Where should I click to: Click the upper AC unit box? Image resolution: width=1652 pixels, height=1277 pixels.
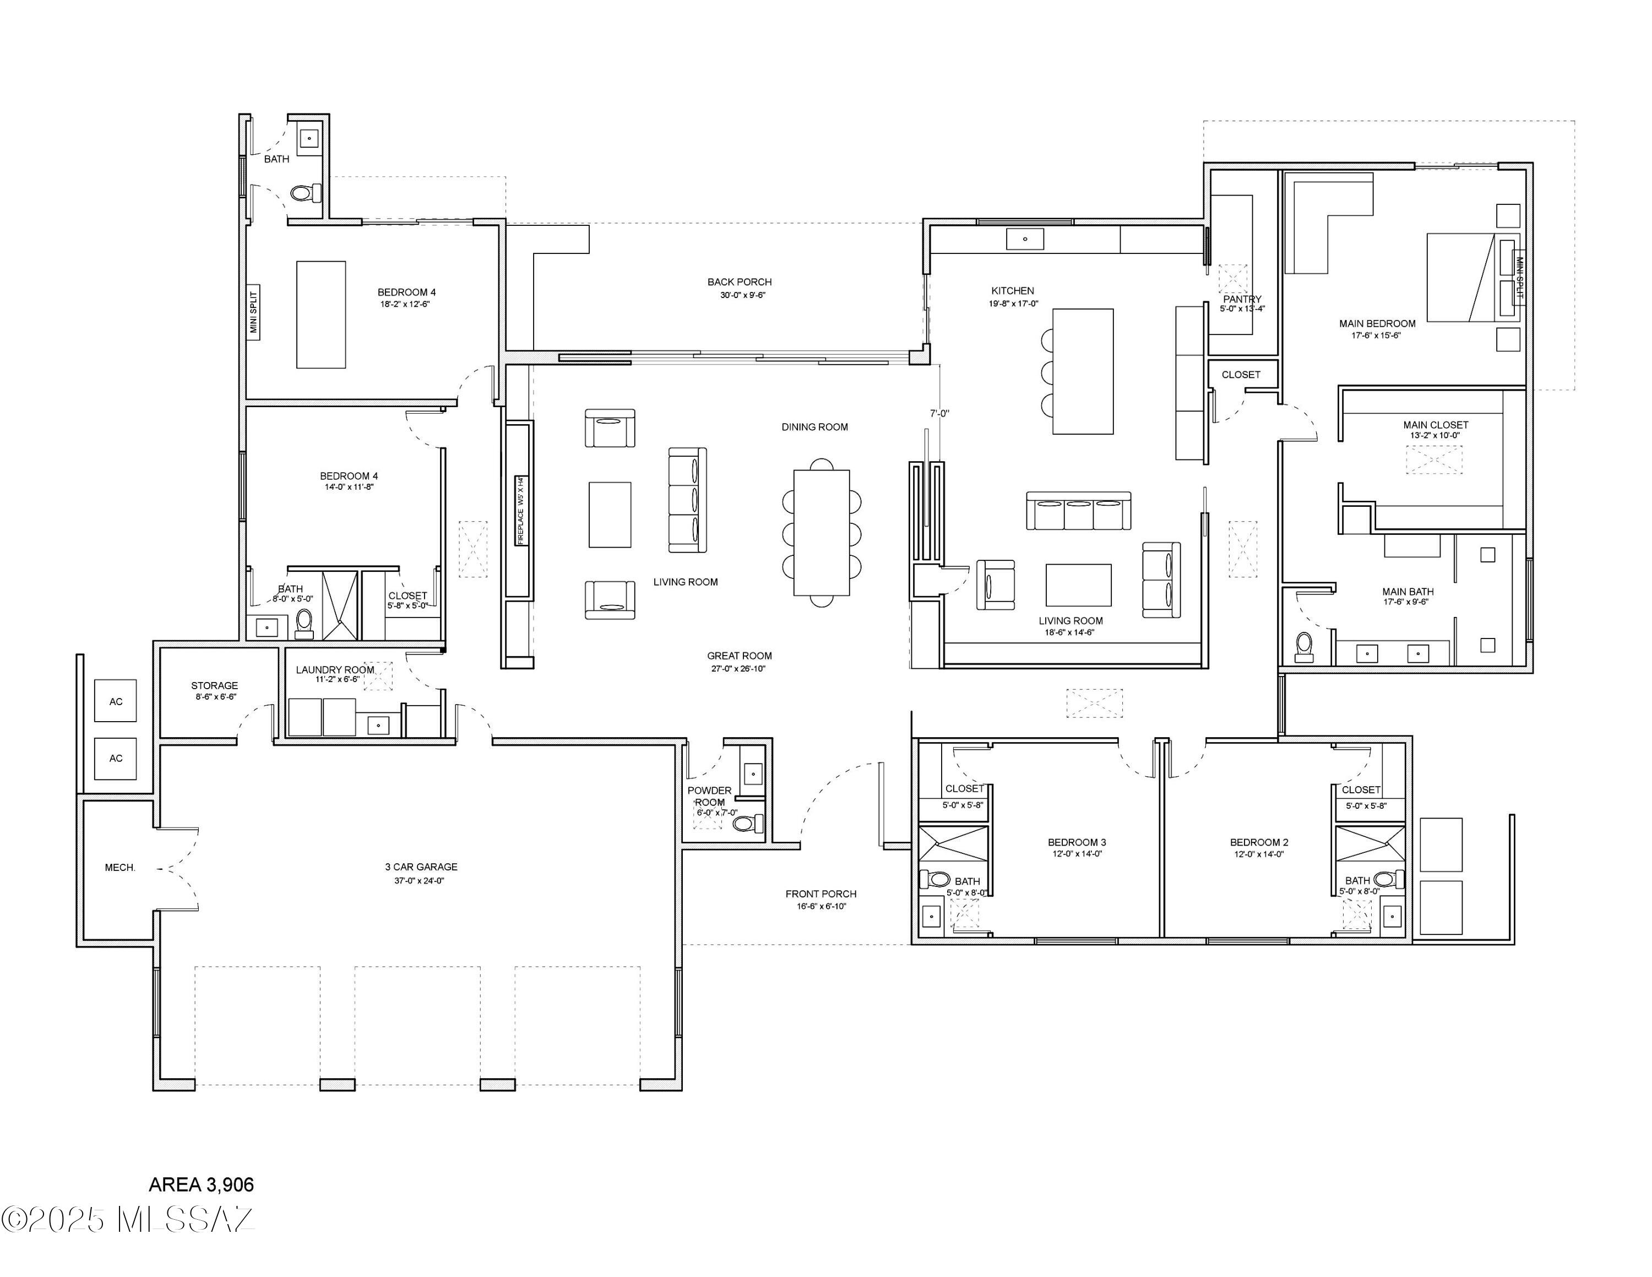[x=115, y=701]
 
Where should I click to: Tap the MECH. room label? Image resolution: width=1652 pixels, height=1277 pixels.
[x=119, y=868]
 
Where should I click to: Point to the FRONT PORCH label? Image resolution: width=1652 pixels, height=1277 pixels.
[x=820, y=894]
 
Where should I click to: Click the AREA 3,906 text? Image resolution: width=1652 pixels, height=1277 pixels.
[x=201, y=1184]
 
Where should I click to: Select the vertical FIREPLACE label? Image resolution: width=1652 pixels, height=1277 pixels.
[x=520, y=510]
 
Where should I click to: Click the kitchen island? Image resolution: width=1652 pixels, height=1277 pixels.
[x=1083, y=371]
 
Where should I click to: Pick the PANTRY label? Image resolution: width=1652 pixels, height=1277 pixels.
[x=1242, y=299]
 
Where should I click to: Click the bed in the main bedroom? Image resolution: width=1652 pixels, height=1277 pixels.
[x=1464, y=277]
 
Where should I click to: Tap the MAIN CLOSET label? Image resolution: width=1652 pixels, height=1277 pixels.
[x=1435, y=424]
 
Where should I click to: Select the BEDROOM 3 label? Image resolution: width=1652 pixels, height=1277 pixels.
[x=1077, y=842]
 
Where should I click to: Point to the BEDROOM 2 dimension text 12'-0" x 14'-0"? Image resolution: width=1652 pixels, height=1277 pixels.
[x=1259, y=854]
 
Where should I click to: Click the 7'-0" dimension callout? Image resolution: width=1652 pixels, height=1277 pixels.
[x=939, y=414]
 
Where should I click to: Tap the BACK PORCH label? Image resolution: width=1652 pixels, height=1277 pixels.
[x=739, y=282]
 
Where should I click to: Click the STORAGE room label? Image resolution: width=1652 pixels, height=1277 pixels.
[x=214, y=685]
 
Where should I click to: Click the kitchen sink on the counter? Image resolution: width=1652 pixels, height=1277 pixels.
[x=1025, y=239]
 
